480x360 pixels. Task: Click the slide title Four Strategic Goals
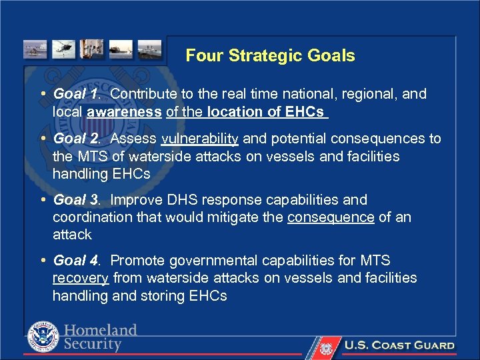click(270, 55)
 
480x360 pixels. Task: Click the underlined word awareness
click(124, 112)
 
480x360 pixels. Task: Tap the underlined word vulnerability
click(200, 139)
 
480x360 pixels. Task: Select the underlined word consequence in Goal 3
click(331, 217)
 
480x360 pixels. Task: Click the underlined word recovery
click(81, 278)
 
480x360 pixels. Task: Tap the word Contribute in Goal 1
click(143, 94)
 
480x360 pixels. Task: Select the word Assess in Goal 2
click(133, 139)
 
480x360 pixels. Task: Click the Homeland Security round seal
click(43, 337)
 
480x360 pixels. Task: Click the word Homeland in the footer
click(101, 331)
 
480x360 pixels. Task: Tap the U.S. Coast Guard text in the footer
click(399, 345)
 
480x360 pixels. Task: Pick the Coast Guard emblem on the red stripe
click(325, 347)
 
